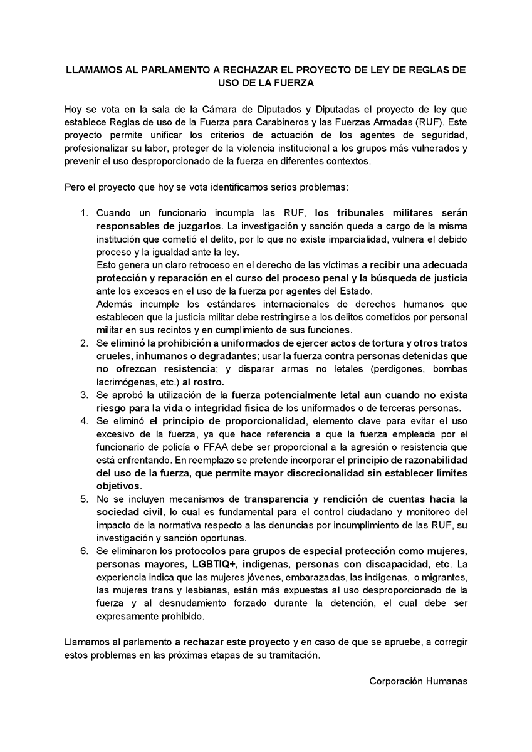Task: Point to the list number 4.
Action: (x=83, y=420)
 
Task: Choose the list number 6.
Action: (x=83, y=551)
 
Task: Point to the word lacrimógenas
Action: (x=122, y=381)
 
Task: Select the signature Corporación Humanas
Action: (x=418, y=681)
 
